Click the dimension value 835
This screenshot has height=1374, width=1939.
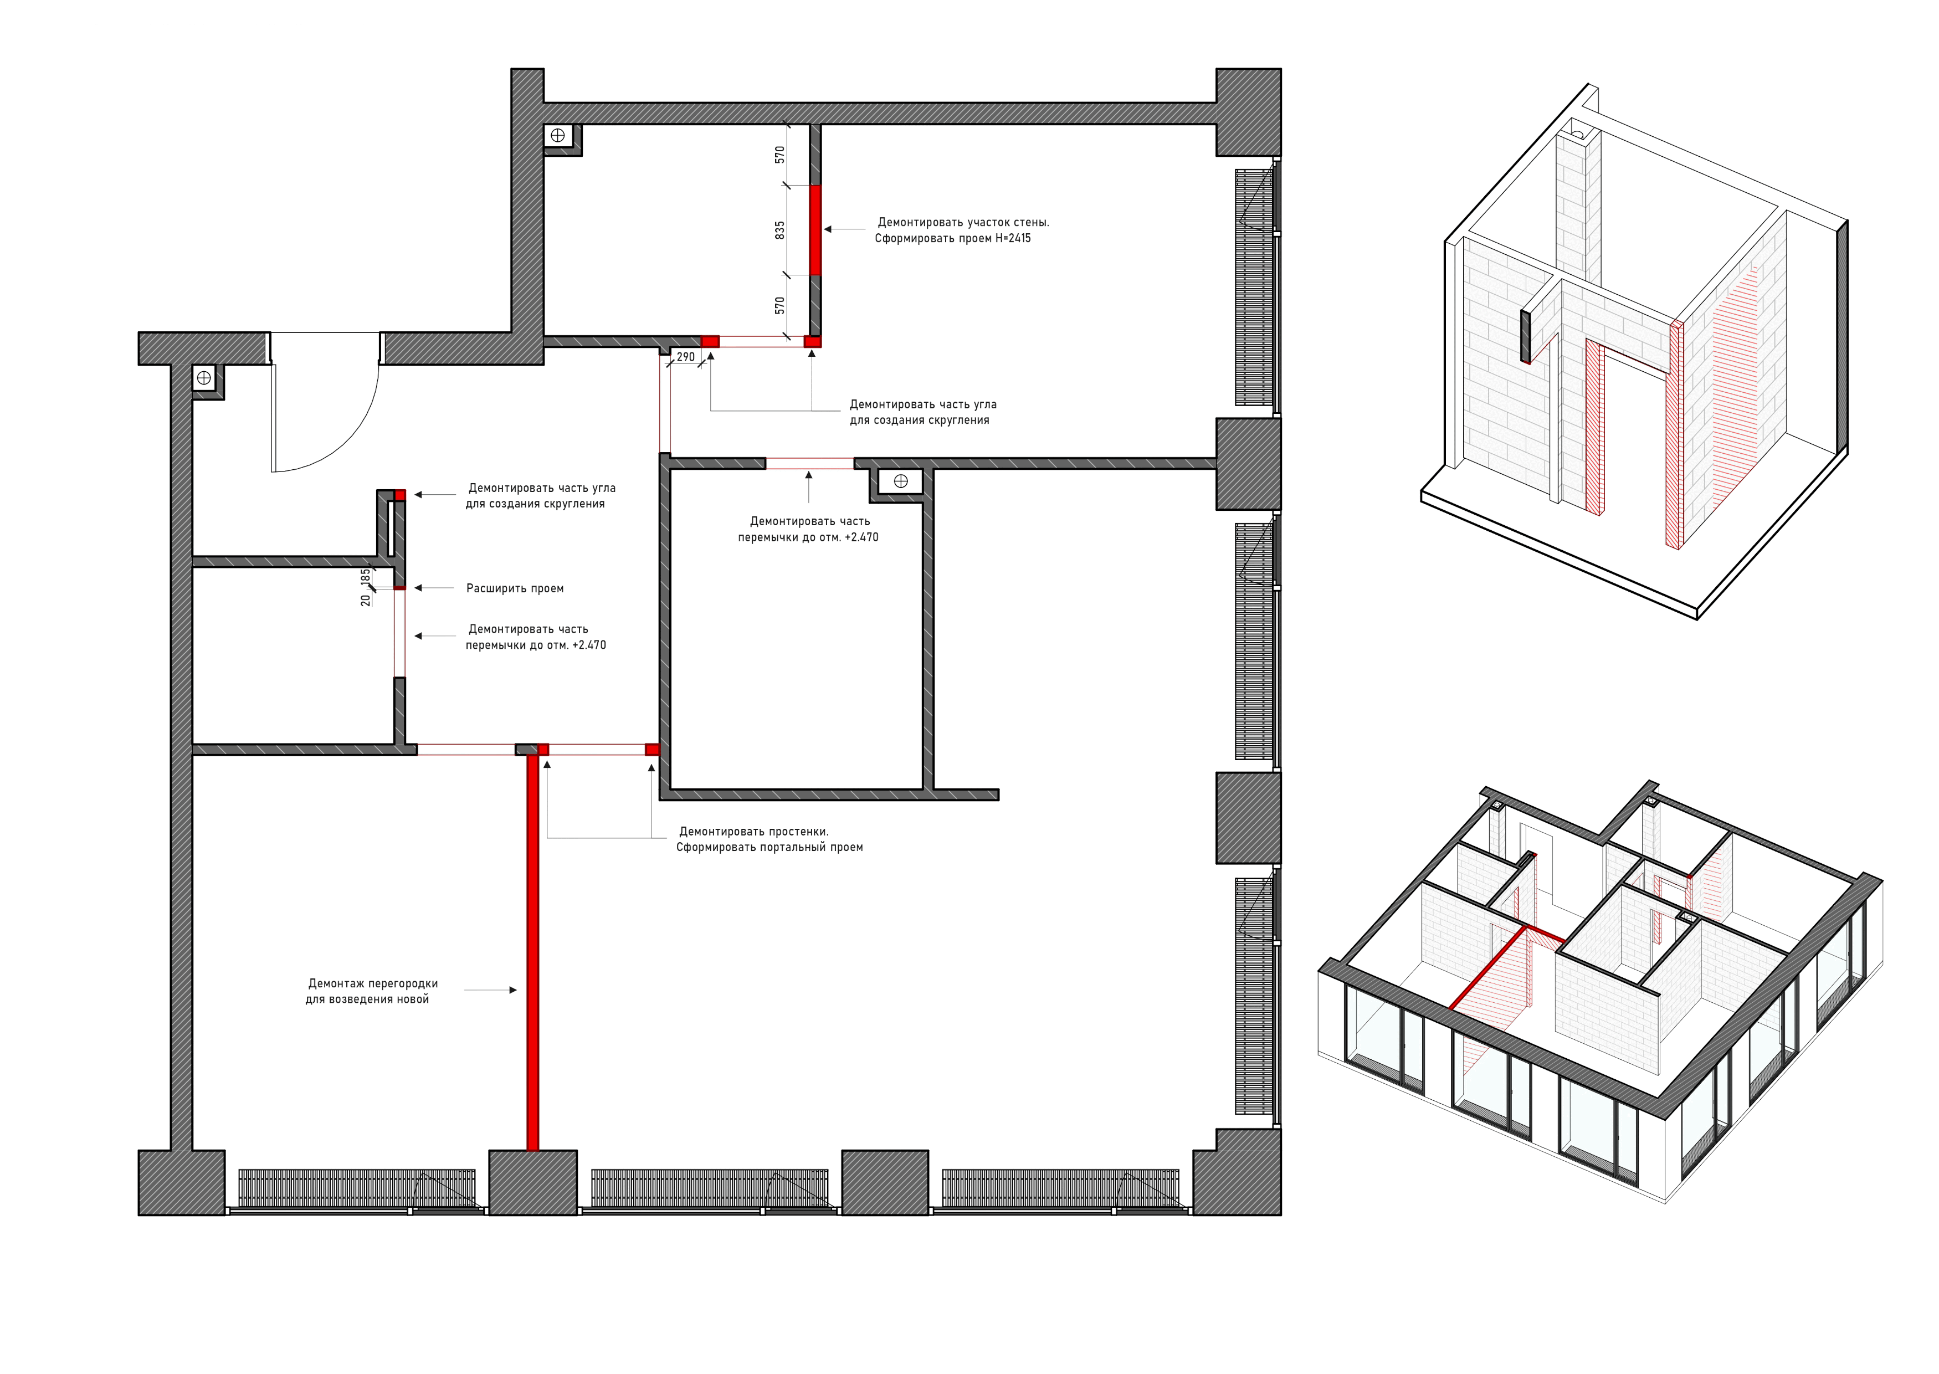[x=780, y=230]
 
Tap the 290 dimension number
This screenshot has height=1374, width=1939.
[x=685, y=357]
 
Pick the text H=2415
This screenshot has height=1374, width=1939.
[x=1012, y=239]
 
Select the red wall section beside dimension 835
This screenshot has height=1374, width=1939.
[x=815, y=230]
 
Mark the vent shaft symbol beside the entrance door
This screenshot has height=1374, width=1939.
[x=204, y=378]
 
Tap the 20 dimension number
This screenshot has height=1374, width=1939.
[x=366, y=600]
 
